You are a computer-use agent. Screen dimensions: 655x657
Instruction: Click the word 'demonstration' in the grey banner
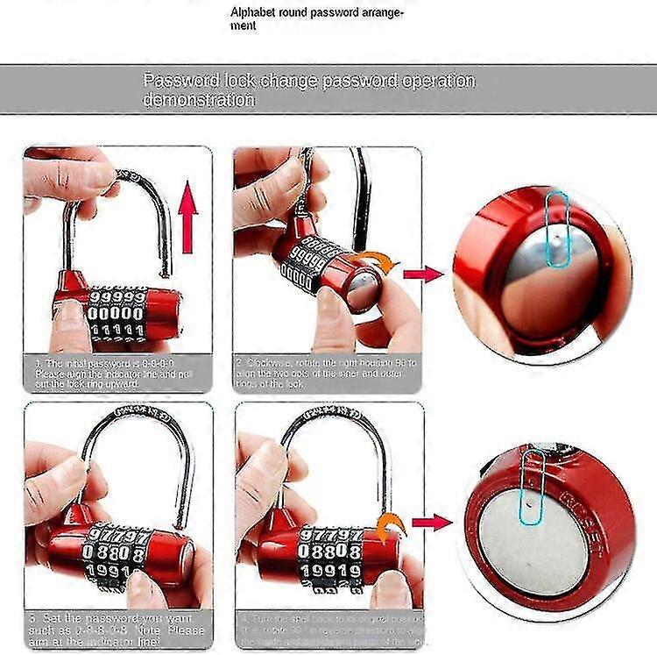coord(199,100)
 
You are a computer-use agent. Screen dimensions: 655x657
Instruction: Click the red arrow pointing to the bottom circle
coord(431,523)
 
